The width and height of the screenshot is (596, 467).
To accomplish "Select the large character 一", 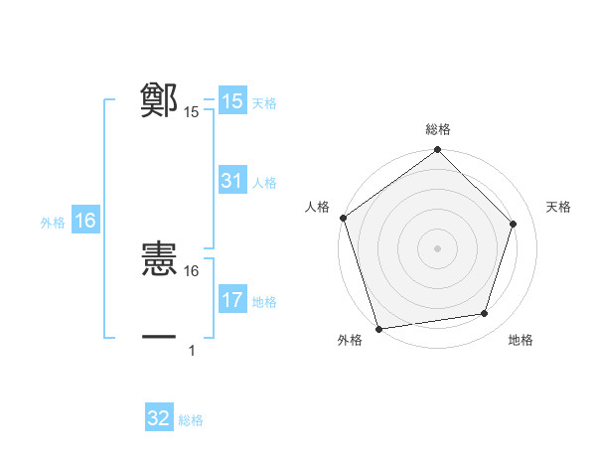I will tap(159, 338).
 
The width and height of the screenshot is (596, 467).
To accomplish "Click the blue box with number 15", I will tap(231, 101).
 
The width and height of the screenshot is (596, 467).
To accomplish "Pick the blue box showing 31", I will tap(231, 181).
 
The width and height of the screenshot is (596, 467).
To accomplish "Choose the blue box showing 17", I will tap(231, 300).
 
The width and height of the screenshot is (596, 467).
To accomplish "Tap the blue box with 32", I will tap(159, 418).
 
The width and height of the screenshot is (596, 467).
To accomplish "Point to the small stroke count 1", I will tap(192, 350).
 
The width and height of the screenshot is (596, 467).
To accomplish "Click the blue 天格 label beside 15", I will tap(264, 102).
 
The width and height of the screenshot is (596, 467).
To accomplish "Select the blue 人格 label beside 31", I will tap(264, 182).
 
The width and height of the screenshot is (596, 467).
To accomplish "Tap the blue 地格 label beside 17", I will tap(264, 301).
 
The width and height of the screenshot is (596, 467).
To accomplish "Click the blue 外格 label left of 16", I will tap(53, 222).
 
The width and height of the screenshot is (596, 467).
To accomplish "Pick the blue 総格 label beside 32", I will tap(191, 419).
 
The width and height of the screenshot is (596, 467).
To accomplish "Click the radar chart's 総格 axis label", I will tap(438, 129).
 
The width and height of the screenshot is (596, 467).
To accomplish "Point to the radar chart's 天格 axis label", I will tap(558, 207).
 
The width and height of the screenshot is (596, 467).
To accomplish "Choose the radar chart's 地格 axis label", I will tap(521, 340).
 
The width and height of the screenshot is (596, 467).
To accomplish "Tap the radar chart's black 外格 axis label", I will tap(350, 340).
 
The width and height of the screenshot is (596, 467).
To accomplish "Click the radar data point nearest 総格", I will tap(438, 151).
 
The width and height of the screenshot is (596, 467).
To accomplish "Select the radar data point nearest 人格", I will tap(343, 218).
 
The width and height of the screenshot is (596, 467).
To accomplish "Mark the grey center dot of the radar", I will tap(438, 247).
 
